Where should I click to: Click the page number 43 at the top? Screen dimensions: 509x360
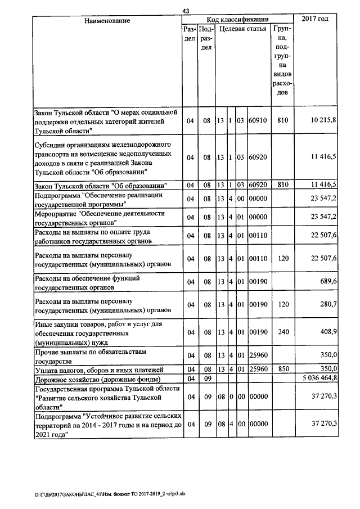coord(186,11)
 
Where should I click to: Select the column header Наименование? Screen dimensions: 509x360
coord(107,21)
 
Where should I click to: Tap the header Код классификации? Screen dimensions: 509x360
coord(237,20)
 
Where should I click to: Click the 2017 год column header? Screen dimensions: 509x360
coord(315,20)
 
